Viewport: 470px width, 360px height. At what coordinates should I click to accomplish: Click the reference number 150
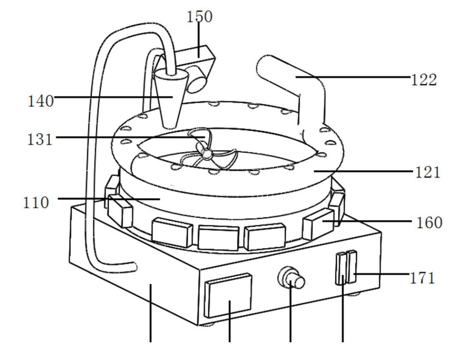[x=199, y=16]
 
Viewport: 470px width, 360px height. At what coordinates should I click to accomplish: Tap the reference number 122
[x=423, y=80]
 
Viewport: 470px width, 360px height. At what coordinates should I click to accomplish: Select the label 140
[x=40, y=101]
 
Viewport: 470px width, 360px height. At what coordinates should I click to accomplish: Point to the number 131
[x=39, y=140]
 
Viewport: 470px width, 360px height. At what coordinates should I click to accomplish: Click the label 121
[x=427, y=172]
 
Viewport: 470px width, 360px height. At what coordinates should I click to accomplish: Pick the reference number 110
[x=36, y=203]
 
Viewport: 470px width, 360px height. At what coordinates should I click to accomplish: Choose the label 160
[x=429, y=223]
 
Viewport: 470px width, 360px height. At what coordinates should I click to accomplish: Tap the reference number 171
[x=422, y=278]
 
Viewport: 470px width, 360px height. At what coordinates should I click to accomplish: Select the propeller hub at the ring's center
[x=206, y=154]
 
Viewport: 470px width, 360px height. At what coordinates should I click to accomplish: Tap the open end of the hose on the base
[x=134, y=266]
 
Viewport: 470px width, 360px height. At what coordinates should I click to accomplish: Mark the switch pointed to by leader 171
[x=351, y=267]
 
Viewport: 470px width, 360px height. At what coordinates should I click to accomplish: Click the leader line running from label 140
[x=113, y=97]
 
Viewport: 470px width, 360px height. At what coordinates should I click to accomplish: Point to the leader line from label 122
[x=353, y=77]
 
